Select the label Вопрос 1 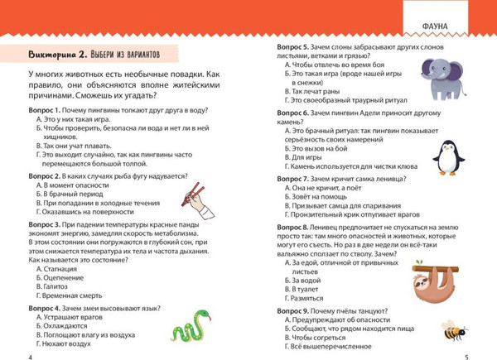pyautogui.click(x=44, y=110)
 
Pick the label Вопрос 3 pyautogui.click(x=44, y=224)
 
